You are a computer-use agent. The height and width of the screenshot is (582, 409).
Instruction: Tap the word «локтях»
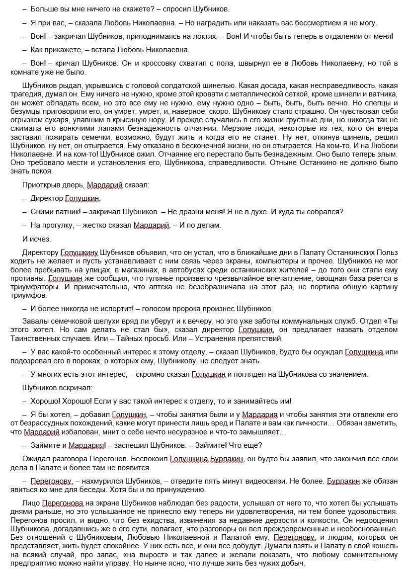point(208,36)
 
